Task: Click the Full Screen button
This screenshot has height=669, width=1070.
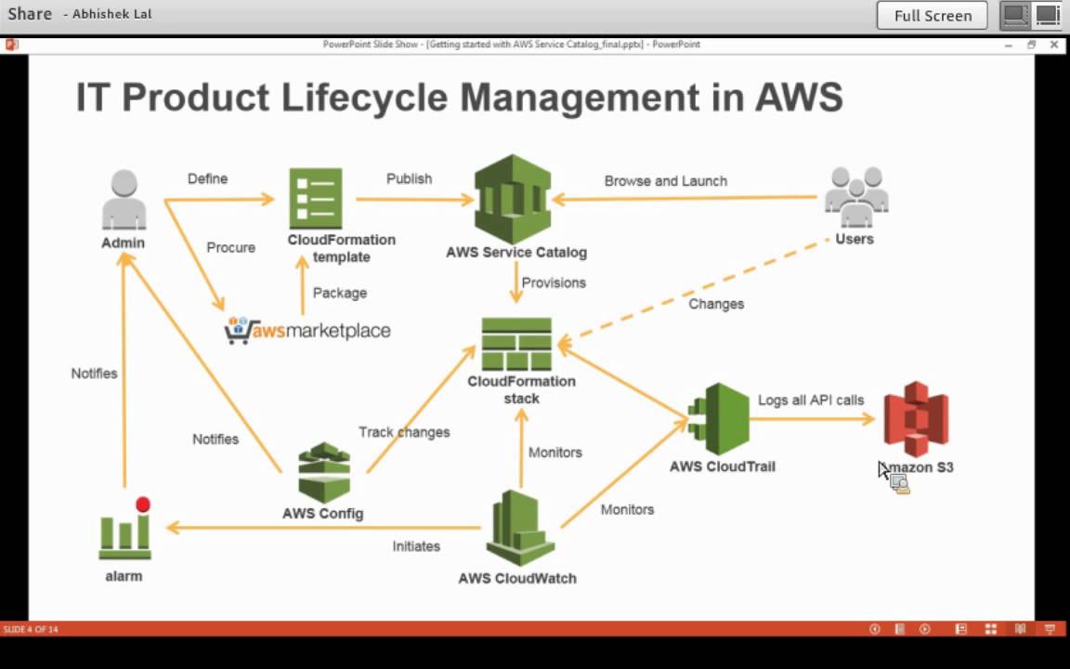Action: point(933,16)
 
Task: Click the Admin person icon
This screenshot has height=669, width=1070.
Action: point(124,199)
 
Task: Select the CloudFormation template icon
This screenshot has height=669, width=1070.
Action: point(316,198)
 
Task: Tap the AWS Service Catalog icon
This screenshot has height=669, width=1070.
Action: point(513,199)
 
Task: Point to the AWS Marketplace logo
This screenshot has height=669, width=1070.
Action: point(307,331)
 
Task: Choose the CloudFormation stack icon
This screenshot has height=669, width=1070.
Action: point(516,345)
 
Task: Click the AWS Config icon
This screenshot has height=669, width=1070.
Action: point(324,472)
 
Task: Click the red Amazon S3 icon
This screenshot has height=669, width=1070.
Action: point(916,419)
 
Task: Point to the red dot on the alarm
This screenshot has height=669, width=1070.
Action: point(142,505)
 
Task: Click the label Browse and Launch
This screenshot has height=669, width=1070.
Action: point(665,181)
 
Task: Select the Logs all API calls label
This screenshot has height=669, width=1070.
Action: point(810,400)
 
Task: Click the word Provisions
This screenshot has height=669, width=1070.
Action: point(554,282)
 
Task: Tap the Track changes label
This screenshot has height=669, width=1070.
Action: point(404,432)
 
